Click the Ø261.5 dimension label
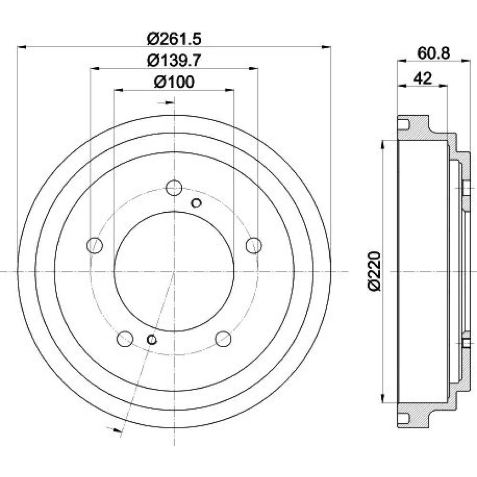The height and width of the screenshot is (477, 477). click(x=174, y=39)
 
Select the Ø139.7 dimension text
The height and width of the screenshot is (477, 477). click(x=174, y=61)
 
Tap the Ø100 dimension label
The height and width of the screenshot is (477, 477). click(x=174, y=82)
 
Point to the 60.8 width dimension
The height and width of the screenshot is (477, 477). click(x=433, y=53)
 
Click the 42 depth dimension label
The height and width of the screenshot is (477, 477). click(x=423, y=79)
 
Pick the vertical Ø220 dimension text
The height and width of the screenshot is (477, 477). click(x=374, y=271)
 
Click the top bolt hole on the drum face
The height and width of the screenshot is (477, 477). click(x=174, y=187)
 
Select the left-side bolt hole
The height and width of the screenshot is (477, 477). click(x=94, y=245)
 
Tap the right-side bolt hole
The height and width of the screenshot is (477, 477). click(x=254, y=245)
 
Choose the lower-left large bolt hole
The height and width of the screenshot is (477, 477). click(x=125, y=339)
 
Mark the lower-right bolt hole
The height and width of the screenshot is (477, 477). click(x=223, y=339)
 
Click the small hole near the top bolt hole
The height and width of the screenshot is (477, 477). click(x=196, y=203)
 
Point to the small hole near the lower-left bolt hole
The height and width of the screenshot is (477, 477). click(x=152, y=340)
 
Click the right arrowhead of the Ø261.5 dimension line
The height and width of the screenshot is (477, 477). click(x=326, y=47)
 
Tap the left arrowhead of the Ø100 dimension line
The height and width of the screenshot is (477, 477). click(x=118, y=90)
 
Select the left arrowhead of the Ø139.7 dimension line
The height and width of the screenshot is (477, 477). click(x=95, y=69)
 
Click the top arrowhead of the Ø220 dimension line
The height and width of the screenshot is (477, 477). click(x=384, y=145)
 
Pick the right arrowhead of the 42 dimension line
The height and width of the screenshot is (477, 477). click(x=443, y=86)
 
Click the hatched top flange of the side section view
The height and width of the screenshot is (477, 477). click(x=426, y=131)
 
